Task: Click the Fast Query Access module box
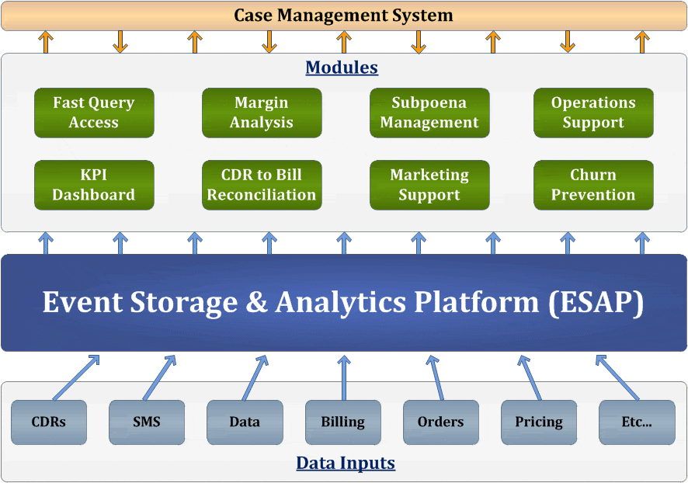click(x=94, y=113)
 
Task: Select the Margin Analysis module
click(x=262, y=113)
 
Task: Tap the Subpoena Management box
click(x=429, y=113)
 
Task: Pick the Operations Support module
click(x=593, y=113)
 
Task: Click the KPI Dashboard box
click(x=94, y=185)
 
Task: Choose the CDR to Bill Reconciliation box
click(x=262, y=185)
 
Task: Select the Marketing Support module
click(x=429, y=185)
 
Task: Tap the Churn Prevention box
click(x=593, y=185)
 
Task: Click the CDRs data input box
click(x=49, y=422)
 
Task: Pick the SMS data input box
click(x=147, y=422)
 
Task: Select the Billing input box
click(x=342, y=422)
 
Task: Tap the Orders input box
click(x=440, y=422)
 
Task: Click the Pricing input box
click(x=539, y=422)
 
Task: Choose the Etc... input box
click(x=637, y=422)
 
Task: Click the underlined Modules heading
click(x=342, y=68)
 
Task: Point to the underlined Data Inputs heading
click(x=346, y=464)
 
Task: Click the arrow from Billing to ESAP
click(x=343, y=377)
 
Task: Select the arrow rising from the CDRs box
click(x=76, y=377)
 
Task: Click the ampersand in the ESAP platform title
click(x=257, y=302)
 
